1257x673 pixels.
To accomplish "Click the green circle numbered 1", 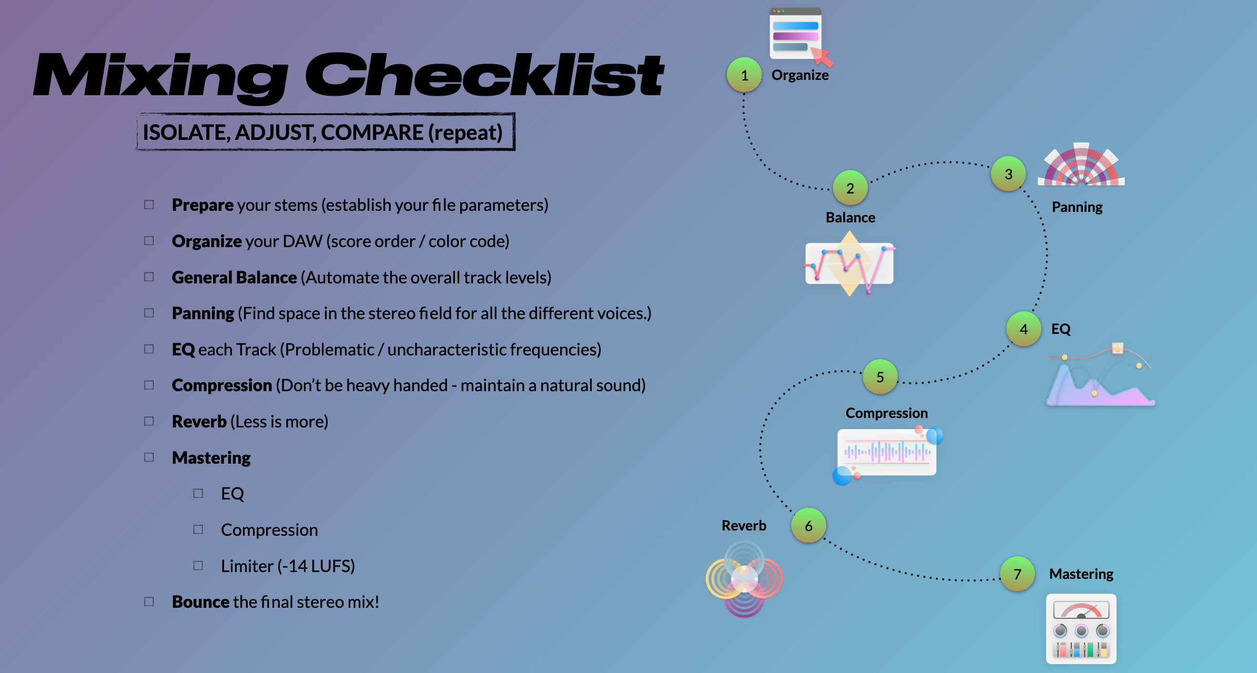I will coord(744,75).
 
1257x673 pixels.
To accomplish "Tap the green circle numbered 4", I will coord(1023,329).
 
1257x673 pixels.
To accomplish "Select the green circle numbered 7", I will coord(1017,574).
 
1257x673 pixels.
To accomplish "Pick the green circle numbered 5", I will coord(880,377).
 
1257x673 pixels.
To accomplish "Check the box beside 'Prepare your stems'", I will coord(149,205).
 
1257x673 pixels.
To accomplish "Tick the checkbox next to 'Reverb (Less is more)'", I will coord(149,421).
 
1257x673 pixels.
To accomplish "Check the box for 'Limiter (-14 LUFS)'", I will coord(198,566).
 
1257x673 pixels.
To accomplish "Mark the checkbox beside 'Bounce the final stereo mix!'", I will coord(149,601).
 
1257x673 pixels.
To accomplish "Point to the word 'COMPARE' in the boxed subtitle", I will coord(372,132).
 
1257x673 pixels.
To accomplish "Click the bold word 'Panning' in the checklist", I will coord(203,313).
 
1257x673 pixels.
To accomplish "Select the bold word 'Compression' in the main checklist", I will coord(221,385).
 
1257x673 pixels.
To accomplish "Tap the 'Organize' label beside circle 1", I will coord(800,75).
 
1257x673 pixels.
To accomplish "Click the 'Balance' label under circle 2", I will coord(850,218).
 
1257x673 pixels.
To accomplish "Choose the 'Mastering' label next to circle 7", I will coord(1081,574).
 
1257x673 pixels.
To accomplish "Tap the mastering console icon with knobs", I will coord(1081,629).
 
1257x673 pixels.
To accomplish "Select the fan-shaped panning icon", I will coord(1081,166).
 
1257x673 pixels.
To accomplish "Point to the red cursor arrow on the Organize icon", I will coord(822,56).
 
